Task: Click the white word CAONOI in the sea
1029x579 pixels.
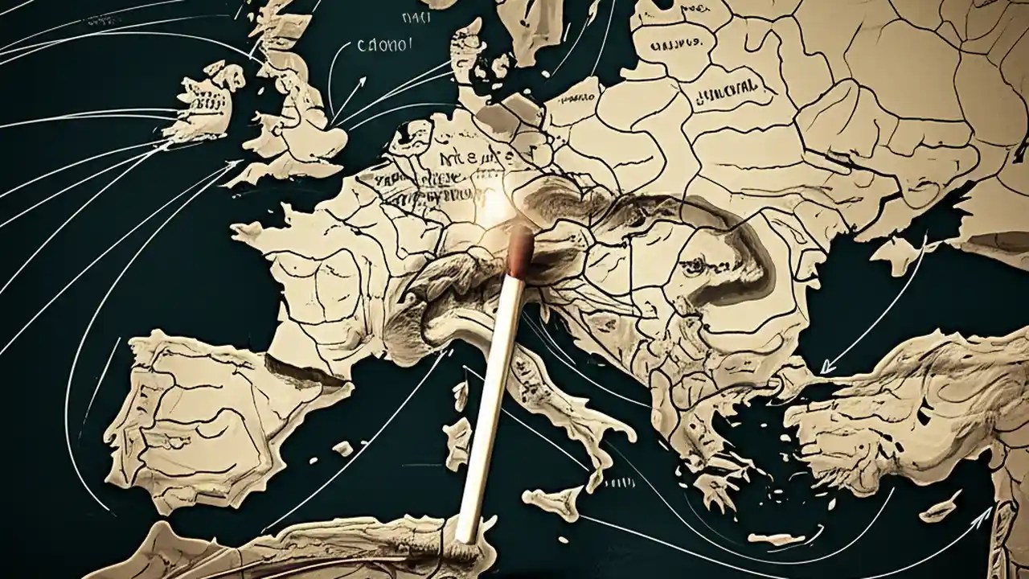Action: point(385,47)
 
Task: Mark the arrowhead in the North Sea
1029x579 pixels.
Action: point(363,80)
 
